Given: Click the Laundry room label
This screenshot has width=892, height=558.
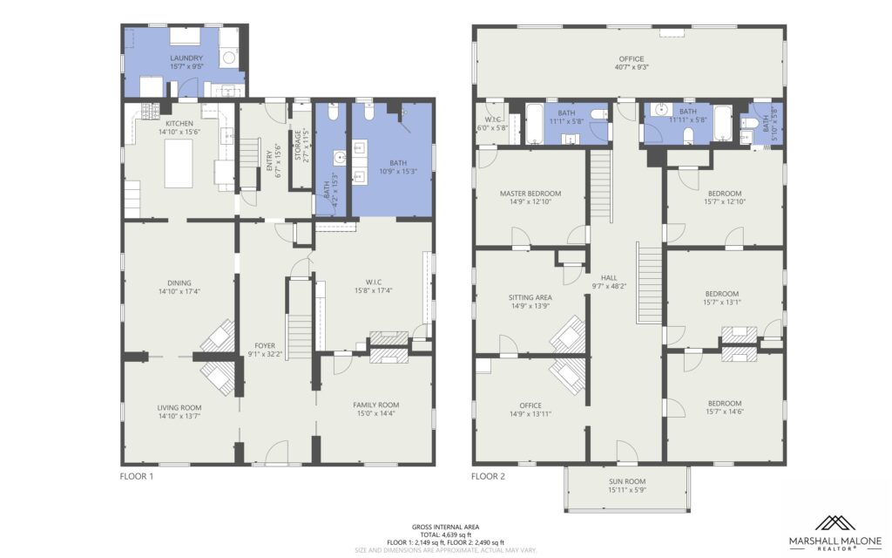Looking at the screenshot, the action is tap(186, 58).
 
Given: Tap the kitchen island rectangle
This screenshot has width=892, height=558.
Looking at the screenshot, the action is tap(179, 163).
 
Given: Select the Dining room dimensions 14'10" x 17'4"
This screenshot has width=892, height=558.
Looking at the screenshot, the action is tap(179, 291).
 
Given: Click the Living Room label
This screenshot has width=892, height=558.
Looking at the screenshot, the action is tap(179, 408).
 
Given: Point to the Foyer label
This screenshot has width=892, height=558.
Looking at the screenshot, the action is tap(265, 345).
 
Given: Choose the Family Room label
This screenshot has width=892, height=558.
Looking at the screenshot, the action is tap(376, 405).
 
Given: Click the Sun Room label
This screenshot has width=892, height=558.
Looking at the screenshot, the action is tap(627, 481).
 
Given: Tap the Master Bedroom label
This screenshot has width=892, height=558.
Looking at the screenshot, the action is tap(530, 194).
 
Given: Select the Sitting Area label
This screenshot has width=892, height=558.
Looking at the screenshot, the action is tap(530, 298).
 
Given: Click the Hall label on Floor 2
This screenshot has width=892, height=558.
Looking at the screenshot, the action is tap(609, 278).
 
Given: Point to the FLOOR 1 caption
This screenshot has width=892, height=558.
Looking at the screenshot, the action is tap(137, 477).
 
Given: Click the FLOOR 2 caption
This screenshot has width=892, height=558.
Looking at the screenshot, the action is tap(488, 477).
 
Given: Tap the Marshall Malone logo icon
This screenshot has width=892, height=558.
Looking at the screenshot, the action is tap(835, 524).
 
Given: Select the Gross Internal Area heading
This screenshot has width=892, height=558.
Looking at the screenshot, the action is tap(445, 527).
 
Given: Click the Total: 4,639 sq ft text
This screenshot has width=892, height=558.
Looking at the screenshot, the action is tap(445, 535).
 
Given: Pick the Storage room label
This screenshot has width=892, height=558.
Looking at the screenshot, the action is tap(298, 146).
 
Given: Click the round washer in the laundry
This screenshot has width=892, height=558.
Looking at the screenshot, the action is tap(229, 58).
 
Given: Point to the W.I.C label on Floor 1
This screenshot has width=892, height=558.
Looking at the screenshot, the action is tap(373, 282).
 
